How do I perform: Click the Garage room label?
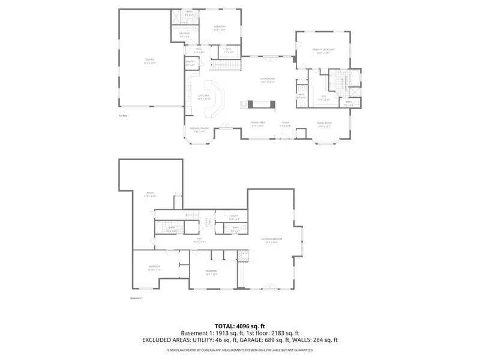(x=149, y=60)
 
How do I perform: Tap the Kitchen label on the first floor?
(x=204, y=96)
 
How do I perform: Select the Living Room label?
(x=268, y=80)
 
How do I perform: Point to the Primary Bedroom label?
(x=323, y=50)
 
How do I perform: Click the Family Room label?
(x=325, y=124)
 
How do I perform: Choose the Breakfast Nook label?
(x=199, y=130)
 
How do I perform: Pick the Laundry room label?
(x=185, y=34)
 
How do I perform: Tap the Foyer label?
(x=286, y=124)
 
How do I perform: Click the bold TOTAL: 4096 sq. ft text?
(x=240, y=326)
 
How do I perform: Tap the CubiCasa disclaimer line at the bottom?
(x=240, y=349)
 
